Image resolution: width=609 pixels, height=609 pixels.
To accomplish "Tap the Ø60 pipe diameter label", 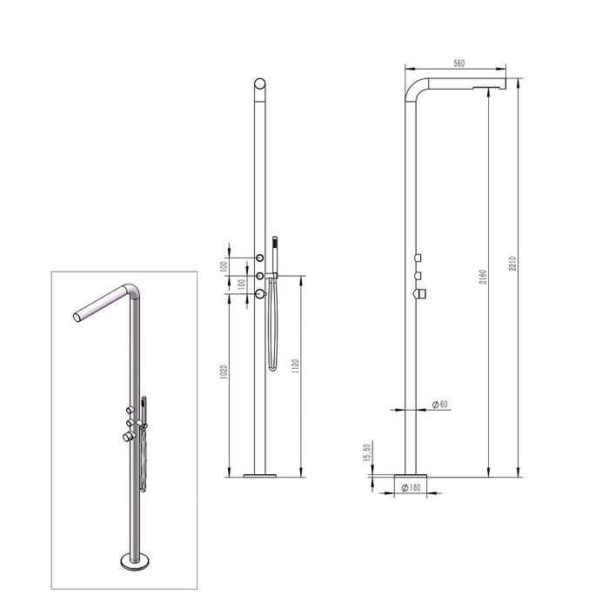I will coord(440,405).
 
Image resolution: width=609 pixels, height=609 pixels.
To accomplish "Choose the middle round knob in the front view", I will coord(259,276).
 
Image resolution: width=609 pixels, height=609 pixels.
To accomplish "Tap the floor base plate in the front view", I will coord(259,475).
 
